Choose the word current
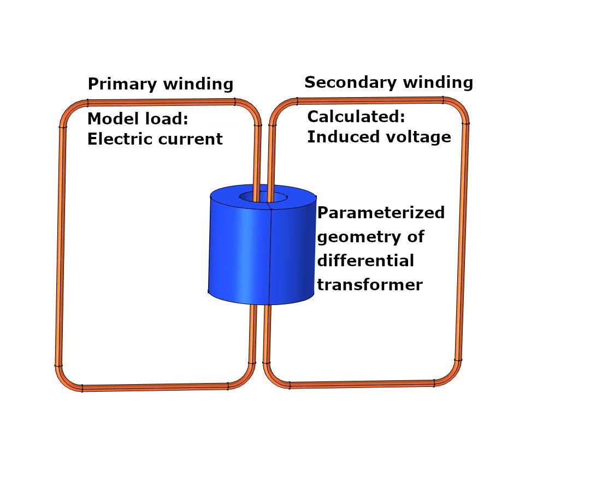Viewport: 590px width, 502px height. click(x=190, y=140)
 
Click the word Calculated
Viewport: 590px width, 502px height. click(x=356, y=117)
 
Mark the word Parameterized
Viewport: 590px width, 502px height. click(x=381, y=213)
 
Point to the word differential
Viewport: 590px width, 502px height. click(x=365, y=260)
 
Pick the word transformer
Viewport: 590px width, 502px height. click(x=370, y=284)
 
